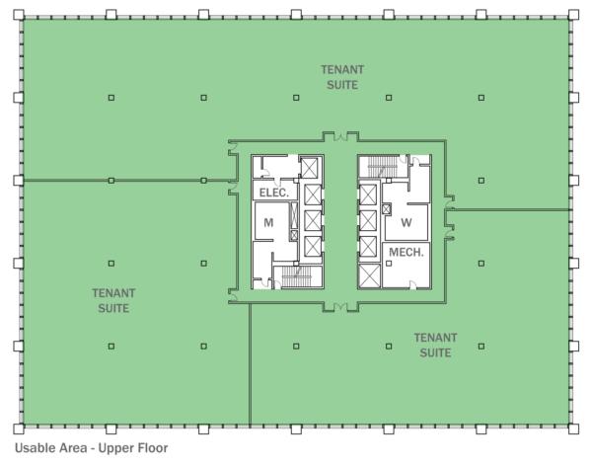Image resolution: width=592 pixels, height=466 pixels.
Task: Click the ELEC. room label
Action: tap(273, 193)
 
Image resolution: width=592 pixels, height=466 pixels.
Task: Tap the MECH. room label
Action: tap(406, 253)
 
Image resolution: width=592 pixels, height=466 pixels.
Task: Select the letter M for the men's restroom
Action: tap(267, 223)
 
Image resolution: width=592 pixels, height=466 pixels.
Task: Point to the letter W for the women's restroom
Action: tap(406, 222)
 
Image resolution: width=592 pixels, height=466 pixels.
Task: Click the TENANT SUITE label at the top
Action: tap(341, 77)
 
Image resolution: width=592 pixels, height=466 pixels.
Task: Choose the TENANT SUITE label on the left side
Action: tap(113, 300)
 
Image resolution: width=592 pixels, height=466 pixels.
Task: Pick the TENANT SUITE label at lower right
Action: tap(435, 345)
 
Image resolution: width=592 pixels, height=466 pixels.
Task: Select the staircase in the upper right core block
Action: tap(376, 168)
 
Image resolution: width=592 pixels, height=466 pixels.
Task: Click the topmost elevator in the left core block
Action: tap(312, 169)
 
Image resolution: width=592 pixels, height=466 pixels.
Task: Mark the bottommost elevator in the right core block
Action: tap(369, 274)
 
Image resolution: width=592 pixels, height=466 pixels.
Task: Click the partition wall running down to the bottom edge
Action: tap(250, 365)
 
